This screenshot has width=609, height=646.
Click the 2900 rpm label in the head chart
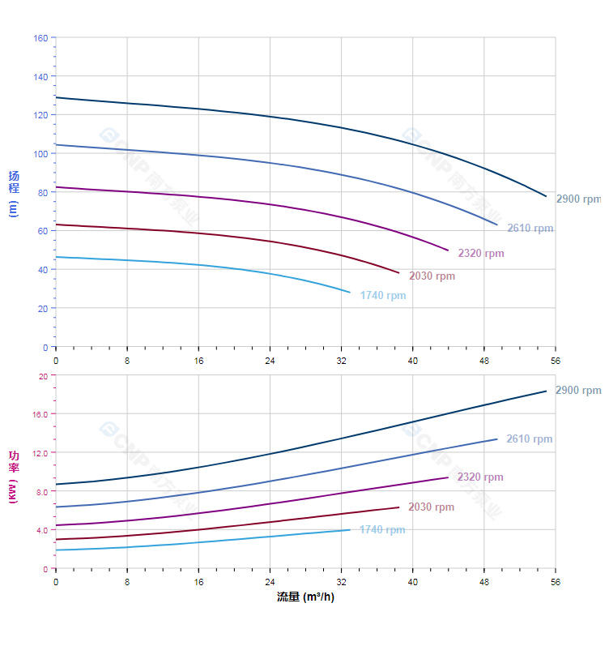[578, 199]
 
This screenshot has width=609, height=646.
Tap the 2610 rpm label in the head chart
[530, 229]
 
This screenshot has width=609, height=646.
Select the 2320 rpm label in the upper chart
[480, 254]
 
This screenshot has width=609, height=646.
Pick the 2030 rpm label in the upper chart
[432, 276]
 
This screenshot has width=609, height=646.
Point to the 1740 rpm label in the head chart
[383, 296]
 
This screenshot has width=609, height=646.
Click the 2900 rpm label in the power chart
[578, 391]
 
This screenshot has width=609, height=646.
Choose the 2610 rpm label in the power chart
[529, 439]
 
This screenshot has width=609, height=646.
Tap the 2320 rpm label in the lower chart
[479, 477]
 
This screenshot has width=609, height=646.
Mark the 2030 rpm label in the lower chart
[431, 507]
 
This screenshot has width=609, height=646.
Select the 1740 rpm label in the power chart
[382, 530]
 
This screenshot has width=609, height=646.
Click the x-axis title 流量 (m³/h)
[305, 597]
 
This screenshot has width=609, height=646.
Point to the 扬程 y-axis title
[13, 193]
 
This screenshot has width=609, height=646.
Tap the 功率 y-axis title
[13, 477]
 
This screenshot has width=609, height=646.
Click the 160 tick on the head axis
[40, 38]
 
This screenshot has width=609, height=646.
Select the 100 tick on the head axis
[40, 154]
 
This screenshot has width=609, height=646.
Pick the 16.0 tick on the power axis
[40, 414]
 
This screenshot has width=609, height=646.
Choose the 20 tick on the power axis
[43, 376]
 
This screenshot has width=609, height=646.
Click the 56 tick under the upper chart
[556, 360]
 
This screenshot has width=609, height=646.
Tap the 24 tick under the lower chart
[270, 581]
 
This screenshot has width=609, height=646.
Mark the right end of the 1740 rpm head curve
[350, 292]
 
